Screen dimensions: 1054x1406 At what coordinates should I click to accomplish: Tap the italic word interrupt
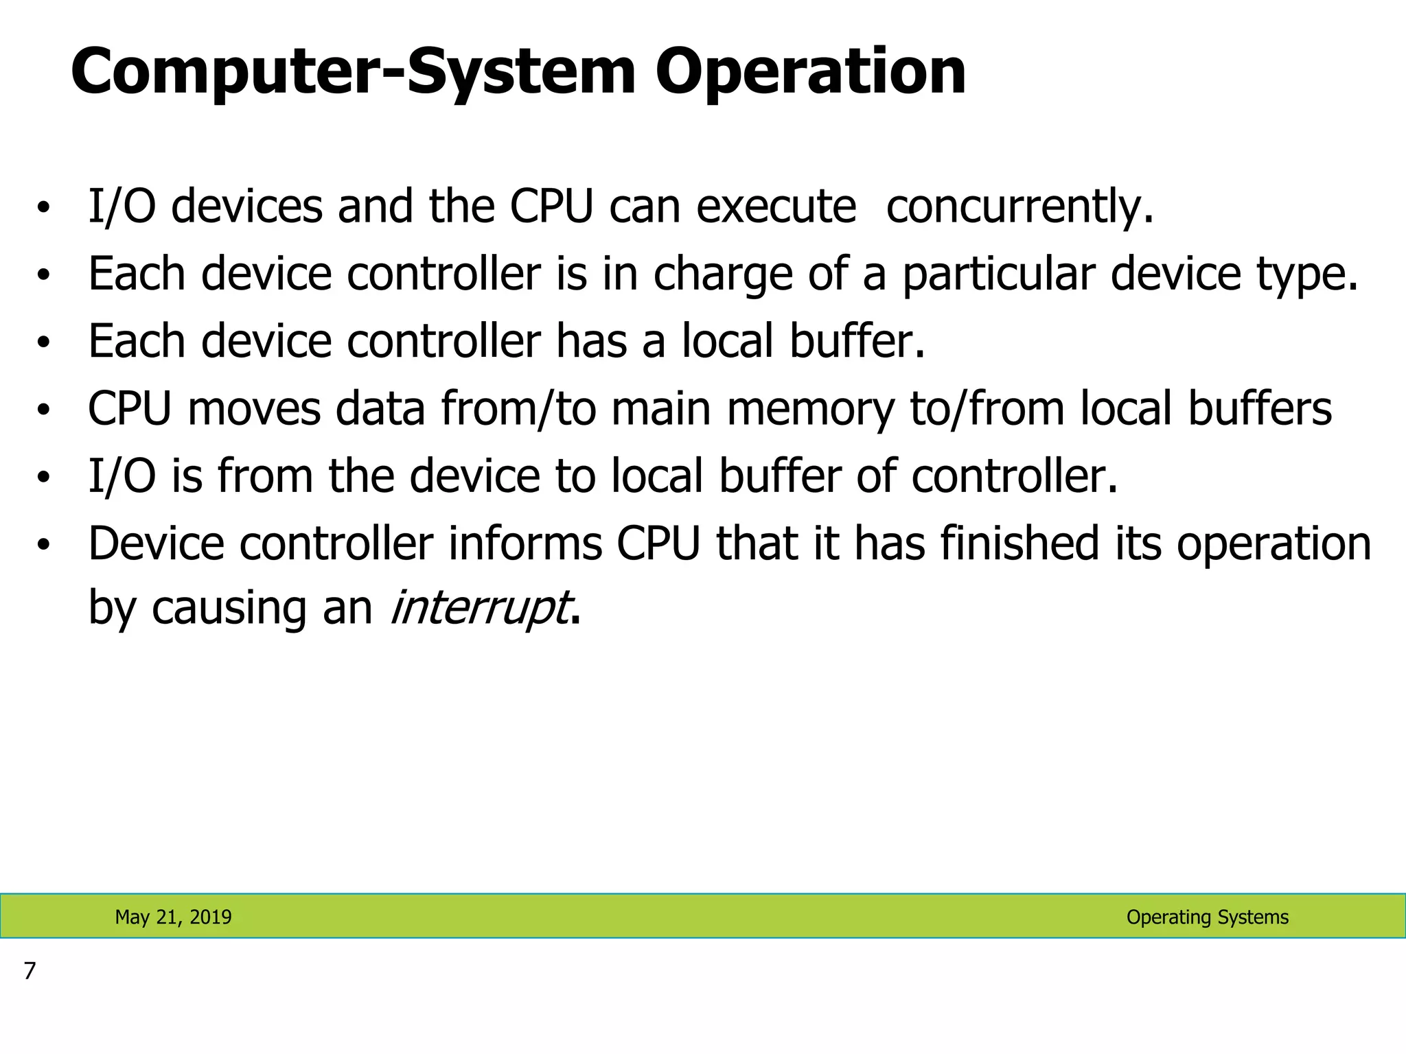(x=479, y=608)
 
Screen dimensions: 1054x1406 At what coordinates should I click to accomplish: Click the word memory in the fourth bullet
(x=810, y=409)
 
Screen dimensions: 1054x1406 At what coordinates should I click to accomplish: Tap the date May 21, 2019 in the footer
(x=173, y=917)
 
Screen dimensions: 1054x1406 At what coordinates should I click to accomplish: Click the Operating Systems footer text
(x=1207, y=917)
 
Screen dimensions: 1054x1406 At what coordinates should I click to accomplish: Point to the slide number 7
(x=29, y=971)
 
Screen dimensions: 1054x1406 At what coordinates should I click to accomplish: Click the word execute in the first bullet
(x=776, y=207)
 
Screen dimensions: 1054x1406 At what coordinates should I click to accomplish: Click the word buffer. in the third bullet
(x=857, y=341)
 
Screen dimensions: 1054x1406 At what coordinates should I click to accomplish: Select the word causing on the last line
(x=229, y=608)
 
